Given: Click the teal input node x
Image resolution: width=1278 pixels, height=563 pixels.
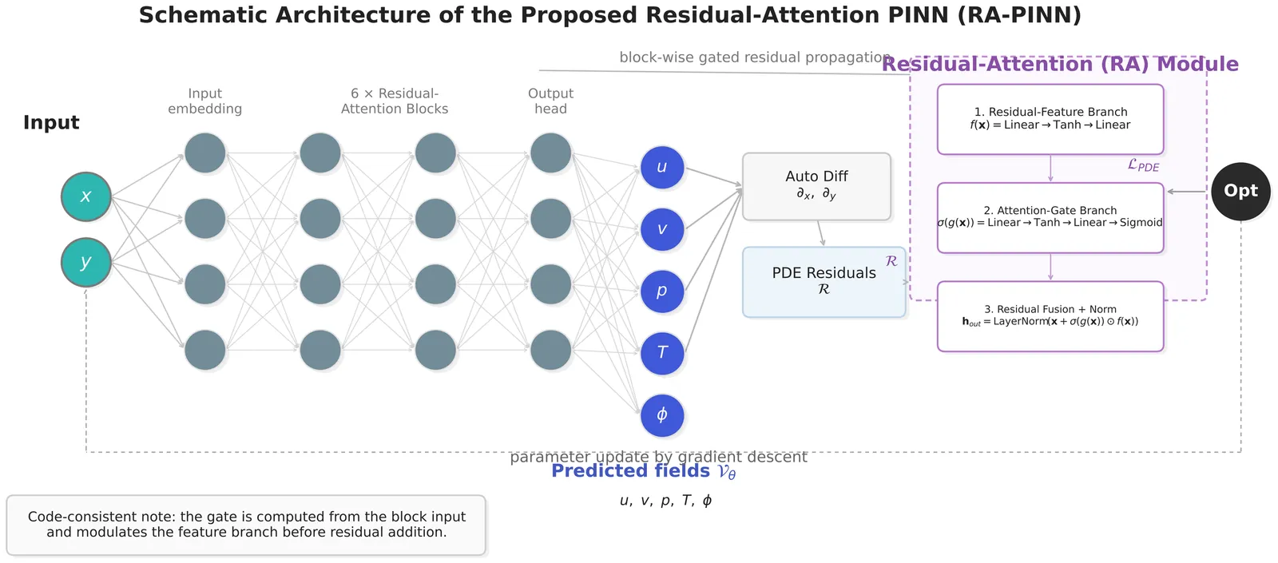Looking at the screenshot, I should pos(86,196).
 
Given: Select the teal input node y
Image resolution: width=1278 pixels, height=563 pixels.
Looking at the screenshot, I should pos(86,262).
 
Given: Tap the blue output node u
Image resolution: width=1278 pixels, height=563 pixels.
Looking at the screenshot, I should pos(662,168).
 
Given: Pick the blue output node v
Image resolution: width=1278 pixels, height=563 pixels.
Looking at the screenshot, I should pos(662,229).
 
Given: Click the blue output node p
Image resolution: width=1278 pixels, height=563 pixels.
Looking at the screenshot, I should pos(662,291).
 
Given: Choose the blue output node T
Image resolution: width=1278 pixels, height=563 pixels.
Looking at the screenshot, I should pos(662,353).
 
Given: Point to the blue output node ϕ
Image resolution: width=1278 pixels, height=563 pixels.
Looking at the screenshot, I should pos(662,415).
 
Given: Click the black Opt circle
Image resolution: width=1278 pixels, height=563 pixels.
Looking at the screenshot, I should pos(1240,192).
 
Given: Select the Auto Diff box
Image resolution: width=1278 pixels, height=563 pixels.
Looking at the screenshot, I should pos(816,186).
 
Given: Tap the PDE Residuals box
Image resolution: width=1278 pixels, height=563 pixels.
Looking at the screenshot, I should pos(824,282).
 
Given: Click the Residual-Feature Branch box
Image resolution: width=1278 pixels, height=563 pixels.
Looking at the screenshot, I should pos(1050,119).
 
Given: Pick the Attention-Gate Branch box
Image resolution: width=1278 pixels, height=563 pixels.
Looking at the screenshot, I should pos(1050,217).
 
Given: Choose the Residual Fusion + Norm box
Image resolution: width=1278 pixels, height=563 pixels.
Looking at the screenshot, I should pos(1050,316).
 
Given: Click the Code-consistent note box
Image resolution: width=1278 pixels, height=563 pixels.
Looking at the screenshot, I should pos(246,525).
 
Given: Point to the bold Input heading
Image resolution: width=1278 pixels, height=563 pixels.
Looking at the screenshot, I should pos(51,123).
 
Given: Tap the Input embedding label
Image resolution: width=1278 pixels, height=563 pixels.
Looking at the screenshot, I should pos(204,101).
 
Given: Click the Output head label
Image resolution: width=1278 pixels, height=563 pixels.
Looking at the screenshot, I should pos(550,101).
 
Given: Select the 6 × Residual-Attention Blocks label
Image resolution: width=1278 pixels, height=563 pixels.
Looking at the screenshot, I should pos(395,101).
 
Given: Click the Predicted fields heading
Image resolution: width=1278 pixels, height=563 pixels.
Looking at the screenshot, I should pos(643,471).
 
